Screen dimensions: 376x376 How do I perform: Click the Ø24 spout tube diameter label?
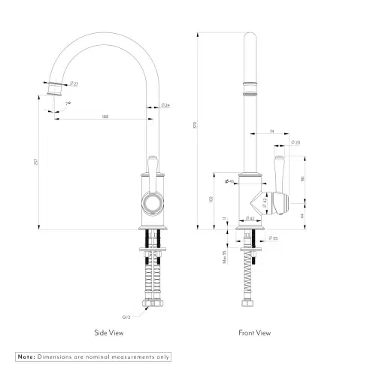(165, 105)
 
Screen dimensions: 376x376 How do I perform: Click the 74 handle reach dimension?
(270, 131)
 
